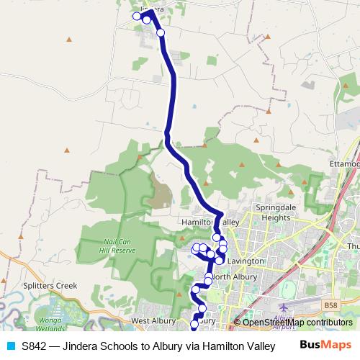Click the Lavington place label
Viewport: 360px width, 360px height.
(246, 261)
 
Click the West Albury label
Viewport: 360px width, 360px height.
(153, 320)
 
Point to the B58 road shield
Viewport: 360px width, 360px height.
(330, 305)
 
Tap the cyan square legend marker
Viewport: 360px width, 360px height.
(10, 346)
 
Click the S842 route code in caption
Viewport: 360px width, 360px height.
(35, 346)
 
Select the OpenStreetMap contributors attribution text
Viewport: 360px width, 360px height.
(297, 322)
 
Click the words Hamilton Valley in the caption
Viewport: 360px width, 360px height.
(238, 346)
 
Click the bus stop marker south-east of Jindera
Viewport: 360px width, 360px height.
(161, 32)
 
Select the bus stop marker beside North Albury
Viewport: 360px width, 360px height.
(208, 277)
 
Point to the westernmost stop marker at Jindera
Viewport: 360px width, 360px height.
(136, 16)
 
